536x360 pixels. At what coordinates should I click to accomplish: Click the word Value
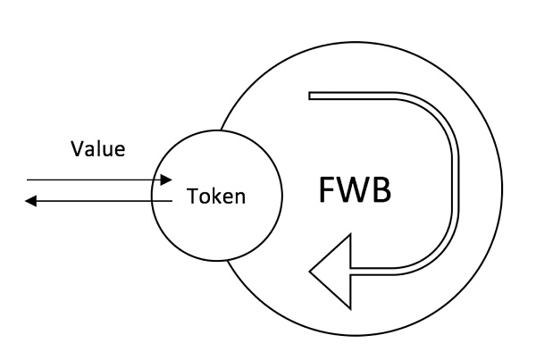[x=98, y=148]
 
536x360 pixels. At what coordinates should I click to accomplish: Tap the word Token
[x=215, y=197]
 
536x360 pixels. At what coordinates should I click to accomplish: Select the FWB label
[x=355, y=191]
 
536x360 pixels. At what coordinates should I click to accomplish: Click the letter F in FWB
[x=326, y=191]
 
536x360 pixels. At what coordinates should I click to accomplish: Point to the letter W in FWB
[x=353, y=191]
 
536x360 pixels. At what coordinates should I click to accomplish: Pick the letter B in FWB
[x=381, y=191]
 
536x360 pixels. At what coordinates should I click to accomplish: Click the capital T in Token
[x=191, y=197]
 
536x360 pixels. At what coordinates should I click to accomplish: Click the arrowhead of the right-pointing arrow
[x=166, y=180]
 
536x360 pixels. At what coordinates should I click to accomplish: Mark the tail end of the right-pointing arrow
[x=27, y=180]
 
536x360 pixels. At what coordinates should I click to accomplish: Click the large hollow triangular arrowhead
[x=332, y=270]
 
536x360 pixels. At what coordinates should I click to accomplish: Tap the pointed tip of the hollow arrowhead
[x=310, y=270]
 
